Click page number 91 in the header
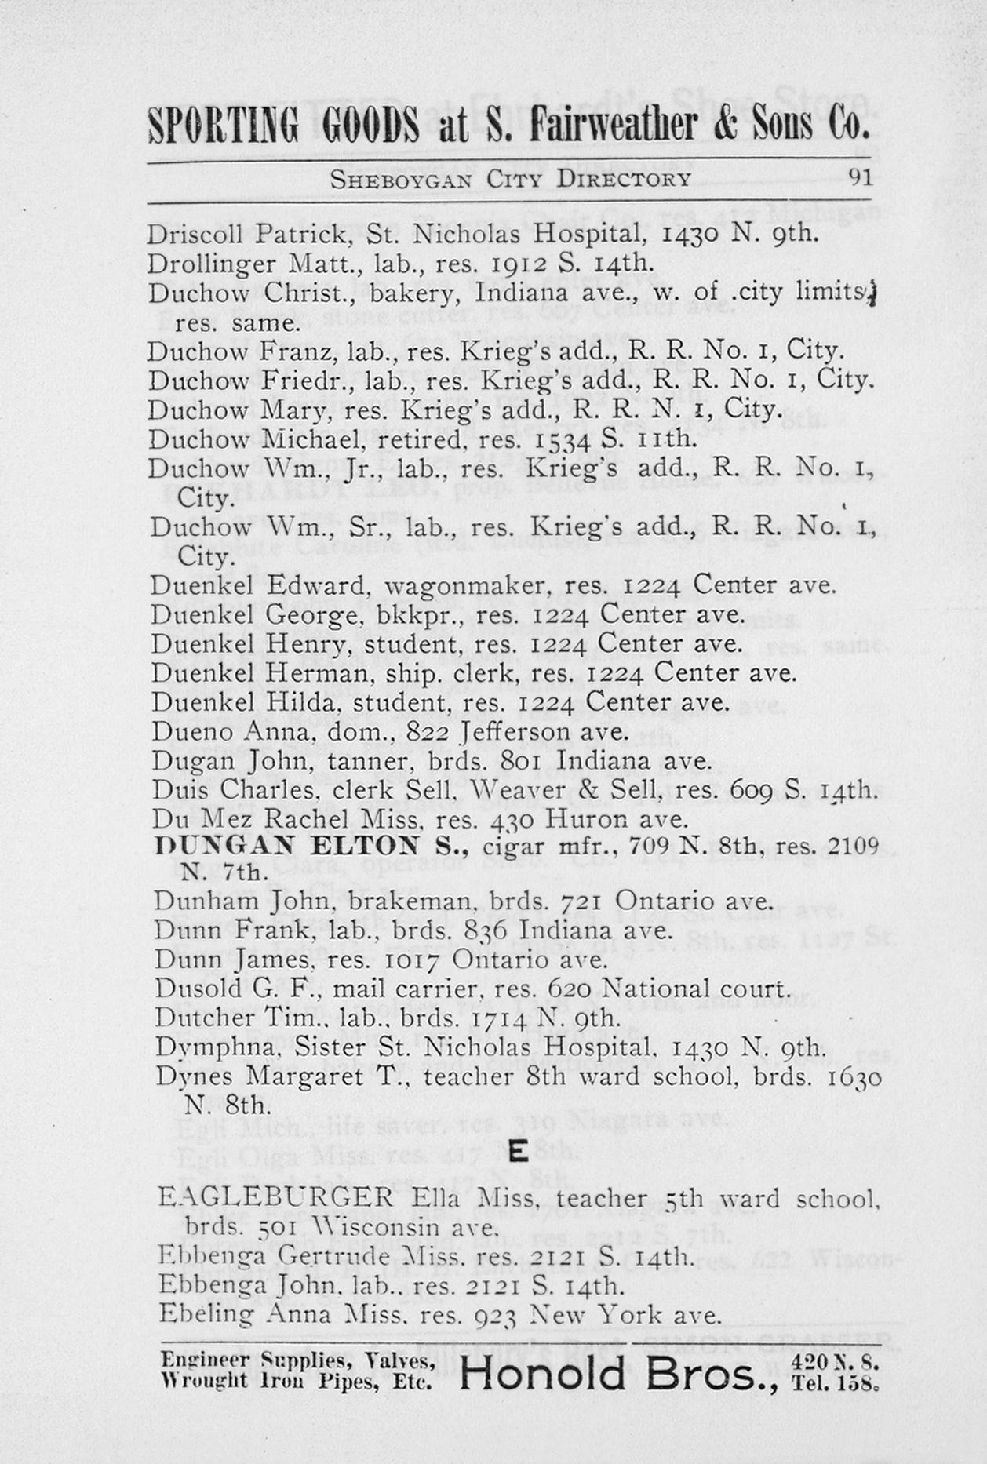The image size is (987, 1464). coord(860,177)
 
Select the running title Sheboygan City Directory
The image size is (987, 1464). coord(510,180)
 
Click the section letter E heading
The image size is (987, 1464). coord(517,1152)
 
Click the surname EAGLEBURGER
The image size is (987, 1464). coord(275,1198)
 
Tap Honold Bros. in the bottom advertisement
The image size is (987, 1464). coord(618,1373)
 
